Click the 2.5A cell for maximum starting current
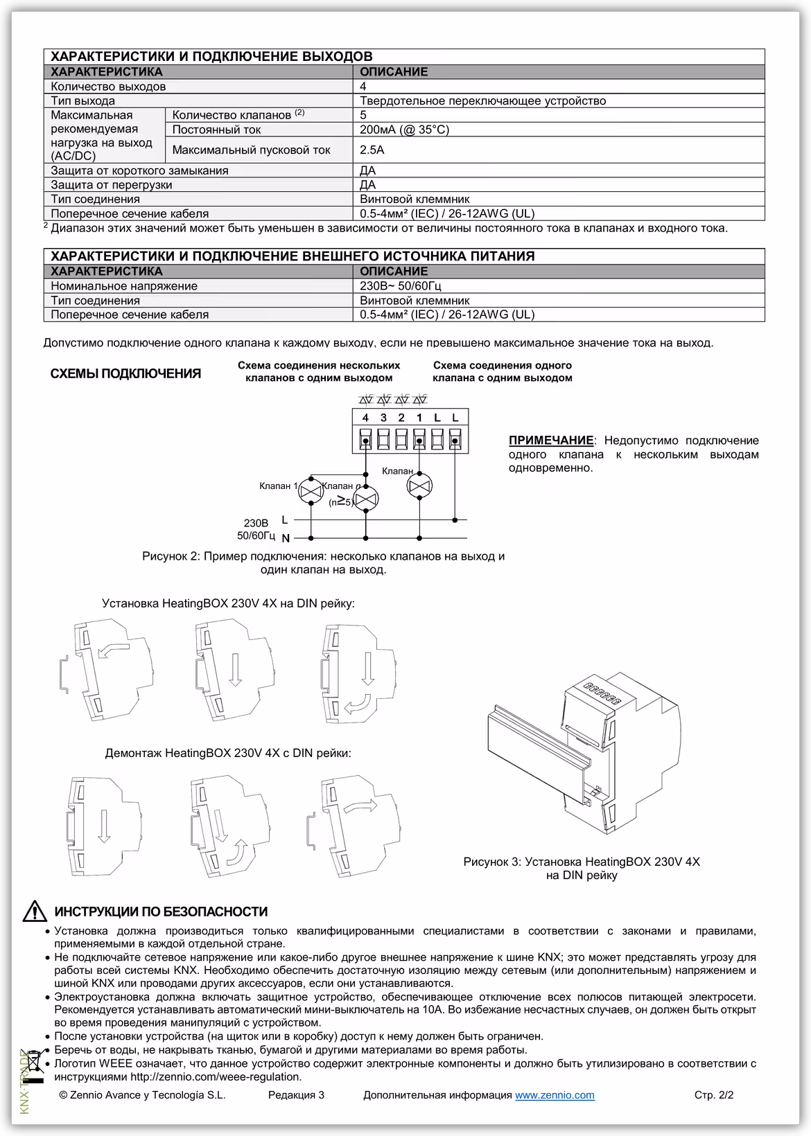point(372,150)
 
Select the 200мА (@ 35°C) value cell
point(404,130)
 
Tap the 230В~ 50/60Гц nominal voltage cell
point(401,285)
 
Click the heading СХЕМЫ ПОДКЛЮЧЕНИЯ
point(125,374)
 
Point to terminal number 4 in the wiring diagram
point(365,418)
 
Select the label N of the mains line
point(285,538)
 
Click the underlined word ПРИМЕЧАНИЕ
point(551,441)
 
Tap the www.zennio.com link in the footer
point(555,1095)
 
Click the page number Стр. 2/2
point(713,1095)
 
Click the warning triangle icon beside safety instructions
point(34,912)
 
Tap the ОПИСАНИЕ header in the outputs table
point(394,72)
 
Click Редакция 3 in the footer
point(296,1095)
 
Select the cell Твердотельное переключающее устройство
point(482,101)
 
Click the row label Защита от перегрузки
point(112,185)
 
